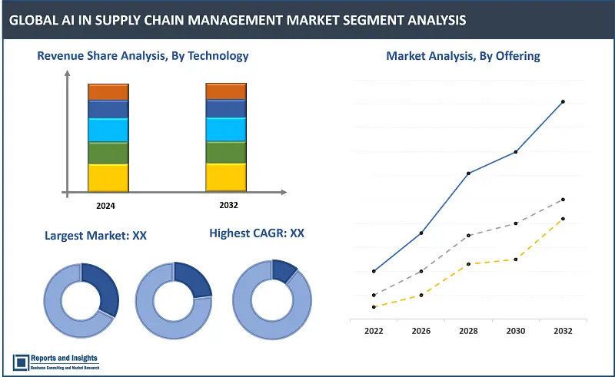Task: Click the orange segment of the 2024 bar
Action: pos(108,92)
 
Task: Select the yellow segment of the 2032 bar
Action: pos(225,177)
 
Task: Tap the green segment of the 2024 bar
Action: pos(108,153)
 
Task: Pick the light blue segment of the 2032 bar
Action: pos(225,129)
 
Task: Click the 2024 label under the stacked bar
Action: pos(107,206)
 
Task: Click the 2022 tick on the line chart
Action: pos(374,330)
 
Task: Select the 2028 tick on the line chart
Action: pos(469,330)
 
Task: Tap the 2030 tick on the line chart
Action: pos(516,330)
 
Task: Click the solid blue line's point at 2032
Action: pos(563,101)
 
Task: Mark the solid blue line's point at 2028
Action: pos(469,174)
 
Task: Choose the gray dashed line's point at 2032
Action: pos(563,199)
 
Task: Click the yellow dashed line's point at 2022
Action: pos(374,307)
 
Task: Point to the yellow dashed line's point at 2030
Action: pos(516,260)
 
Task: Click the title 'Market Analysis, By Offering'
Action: pos(463,55)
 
